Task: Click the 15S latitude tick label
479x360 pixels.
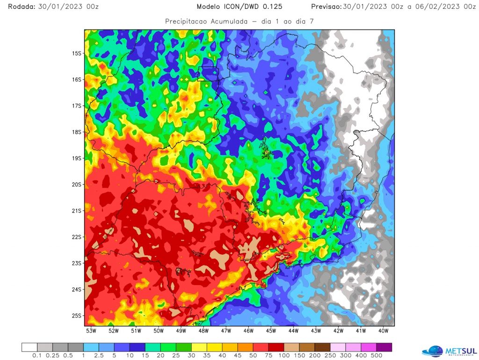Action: tap(76, 53)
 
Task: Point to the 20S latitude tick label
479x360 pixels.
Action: tap(76, 184)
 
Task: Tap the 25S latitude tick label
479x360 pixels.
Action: tap(76, 316)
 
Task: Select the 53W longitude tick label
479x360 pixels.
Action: tap(91, 331)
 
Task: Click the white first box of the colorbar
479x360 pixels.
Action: tap(29, 347)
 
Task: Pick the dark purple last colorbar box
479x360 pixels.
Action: tap(384, 347)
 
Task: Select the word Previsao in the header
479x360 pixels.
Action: tap(326, 7)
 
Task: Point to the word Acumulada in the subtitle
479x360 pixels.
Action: tap(231, 22)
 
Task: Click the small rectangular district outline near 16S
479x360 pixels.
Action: tap(208, 73)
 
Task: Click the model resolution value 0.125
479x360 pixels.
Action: tap(272, 7)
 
